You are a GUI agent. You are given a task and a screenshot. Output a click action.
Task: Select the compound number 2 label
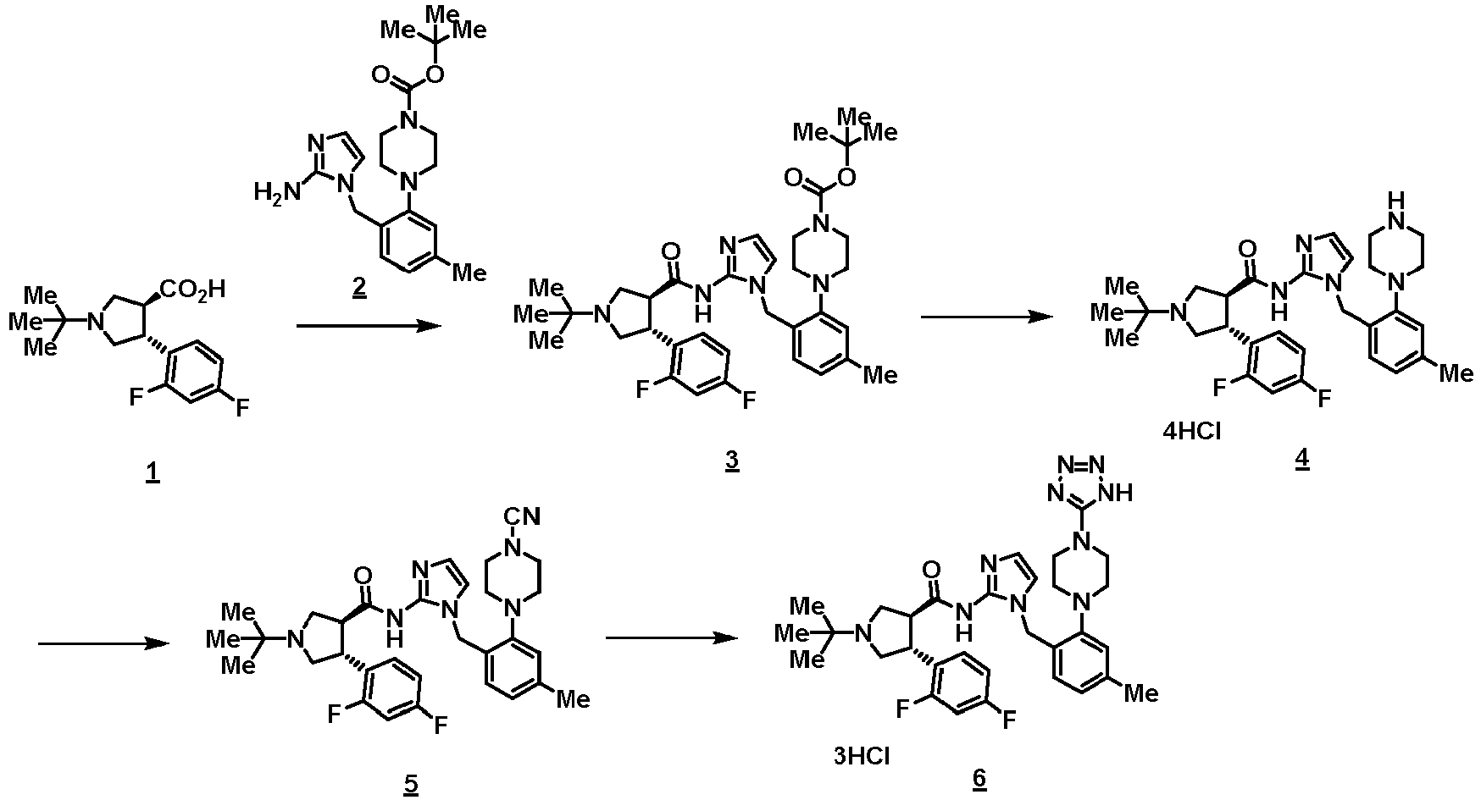(x=360, y=288)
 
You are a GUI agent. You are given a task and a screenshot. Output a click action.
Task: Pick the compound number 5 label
(x=411, y=784)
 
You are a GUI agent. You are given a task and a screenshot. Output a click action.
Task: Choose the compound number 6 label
(x=979, y=779)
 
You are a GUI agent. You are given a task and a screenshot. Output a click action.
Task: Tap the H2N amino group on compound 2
(x=277, y=192)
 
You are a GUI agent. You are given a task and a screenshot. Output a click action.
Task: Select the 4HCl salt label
(x=1194, y=432)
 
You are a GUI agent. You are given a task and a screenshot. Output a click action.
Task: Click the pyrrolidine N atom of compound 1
(x=99, y=321)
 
